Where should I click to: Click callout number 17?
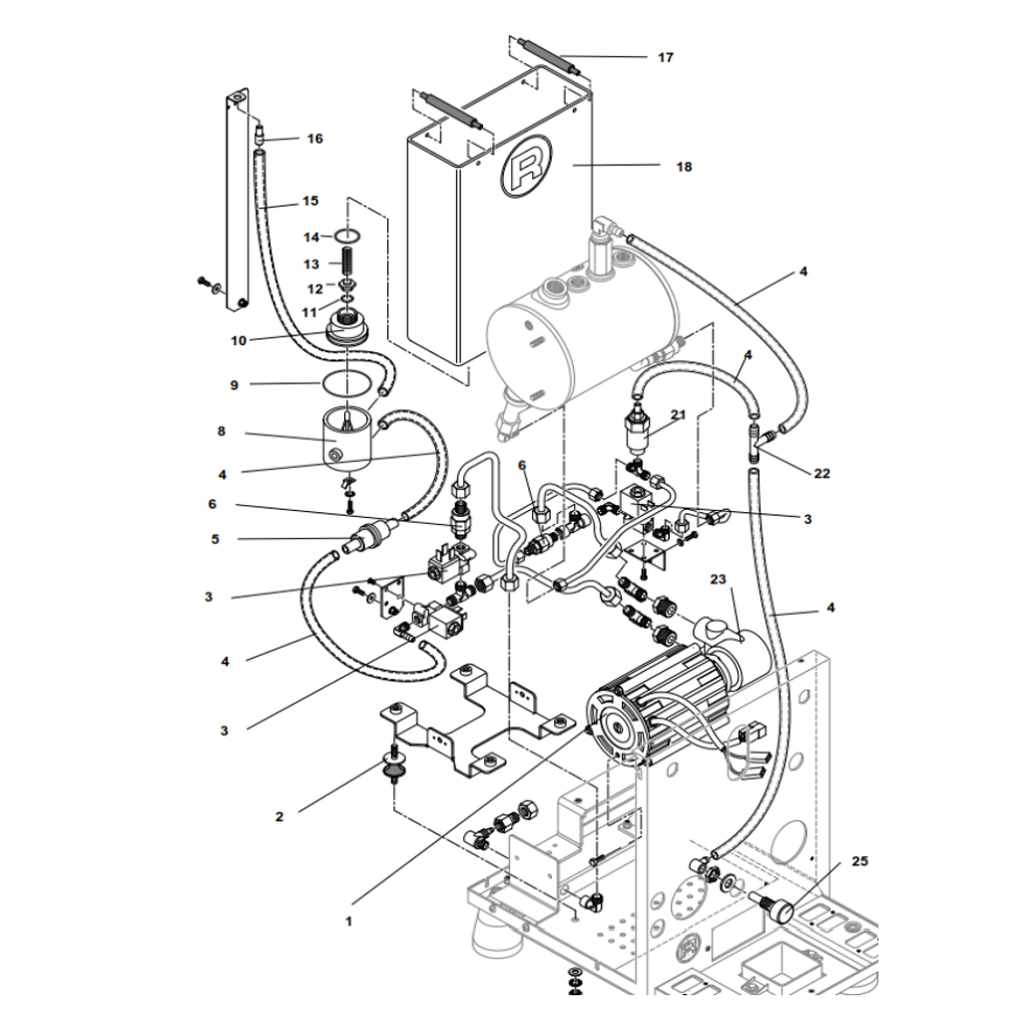[665, 58]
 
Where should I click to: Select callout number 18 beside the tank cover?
[683, 167]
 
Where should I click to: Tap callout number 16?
[314, 139]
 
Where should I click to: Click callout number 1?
[348, 921]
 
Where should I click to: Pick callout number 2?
[279, 815]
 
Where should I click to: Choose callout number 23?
[721, 578]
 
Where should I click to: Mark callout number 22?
[820, 473]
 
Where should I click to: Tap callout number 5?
[215, 540]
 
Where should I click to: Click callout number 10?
[238, 340]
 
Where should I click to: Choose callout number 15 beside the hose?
[309, 201]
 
